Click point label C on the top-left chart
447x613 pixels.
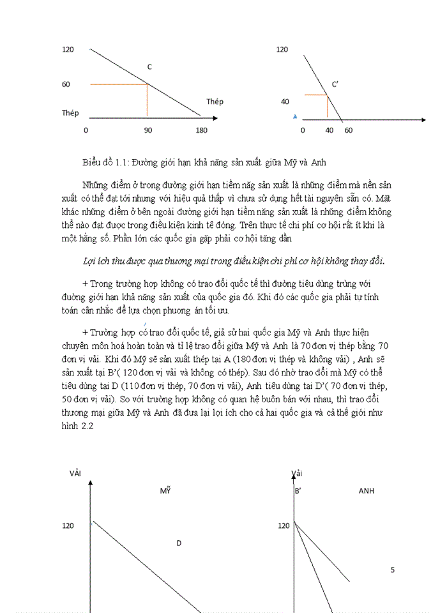click(x=149, y=67)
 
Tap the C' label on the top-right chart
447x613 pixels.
click(x=335, y=84)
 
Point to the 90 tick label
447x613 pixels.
click(x=148, y=130)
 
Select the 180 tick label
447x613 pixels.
click(x=201, y=130)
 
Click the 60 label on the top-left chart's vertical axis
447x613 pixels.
click(x=66, y=84)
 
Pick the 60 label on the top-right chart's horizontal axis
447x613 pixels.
click(x=348, y=130)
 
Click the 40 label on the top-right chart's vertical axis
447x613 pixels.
click(x=285, y=102)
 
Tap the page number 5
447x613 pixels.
click(x=393, y=570)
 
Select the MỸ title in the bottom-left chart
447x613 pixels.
click(x=165, y=491)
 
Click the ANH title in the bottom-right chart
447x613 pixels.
click(x=367, y=491)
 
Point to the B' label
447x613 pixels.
click(x=298, y=491)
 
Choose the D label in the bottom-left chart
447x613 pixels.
click(x=179, y=543)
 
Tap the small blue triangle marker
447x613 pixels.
click(x=294, y=116)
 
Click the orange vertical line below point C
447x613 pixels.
click(x=148, y=101)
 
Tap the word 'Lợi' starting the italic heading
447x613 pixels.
click(x=90, y=262)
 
